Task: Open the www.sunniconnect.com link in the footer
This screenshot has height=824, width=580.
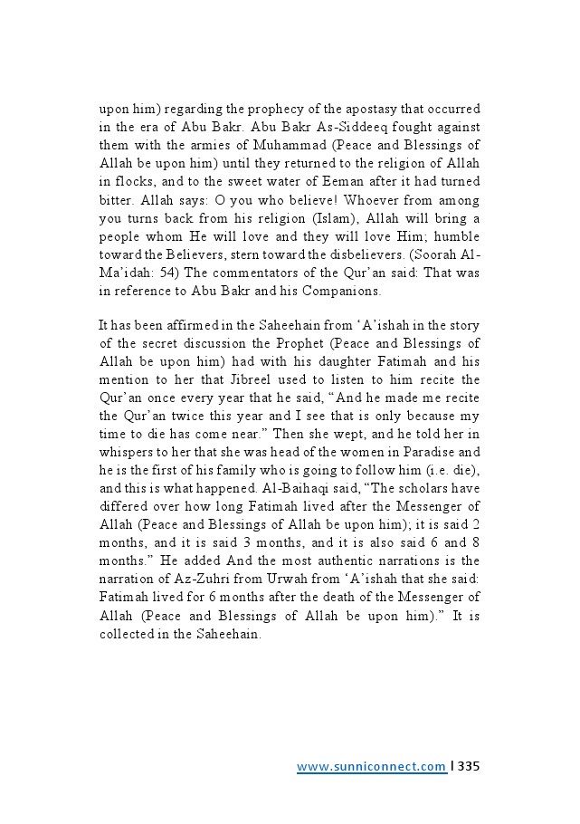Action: point(371,767)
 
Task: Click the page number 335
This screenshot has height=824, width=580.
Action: point(469,767)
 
